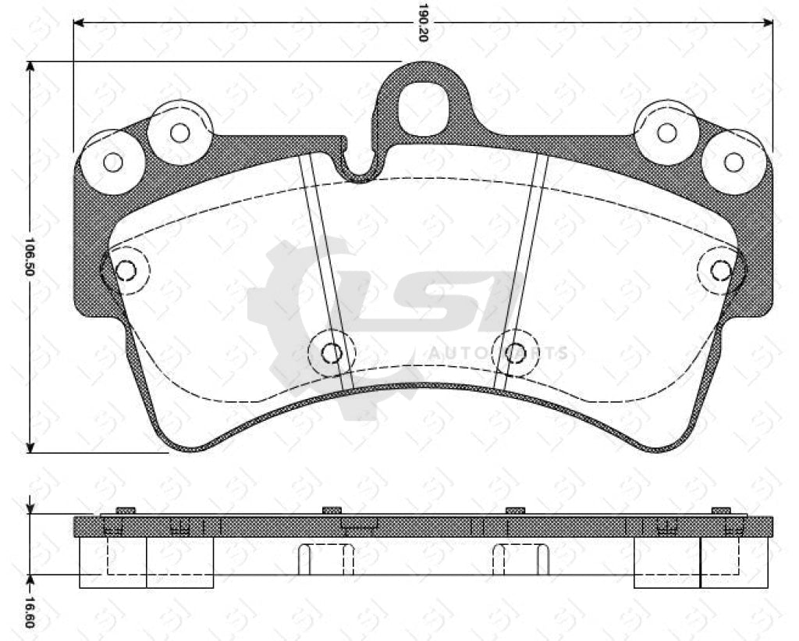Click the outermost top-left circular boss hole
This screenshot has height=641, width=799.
pos(113,162)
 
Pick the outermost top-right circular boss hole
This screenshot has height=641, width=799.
pos(733,162)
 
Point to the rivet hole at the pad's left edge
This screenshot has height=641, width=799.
pos(125,270)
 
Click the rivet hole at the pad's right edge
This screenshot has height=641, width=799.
pos(721,270)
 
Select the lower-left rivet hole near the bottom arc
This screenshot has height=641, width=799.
pos(332,353)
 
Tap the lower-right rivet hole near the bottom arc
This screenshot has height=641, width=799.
pos(514,353)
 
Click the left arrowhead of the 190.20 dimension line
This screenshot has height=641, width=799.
pos(79,23)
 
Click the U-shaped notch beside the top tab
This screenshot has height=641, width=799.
pos(360,166)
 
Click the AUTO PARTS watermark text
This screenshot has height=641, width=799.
pos(498,354)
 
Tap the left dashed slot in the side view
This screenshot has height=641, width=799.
pos(326,558)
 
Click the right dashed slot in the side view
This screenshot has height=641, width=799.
pos(520,558)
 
